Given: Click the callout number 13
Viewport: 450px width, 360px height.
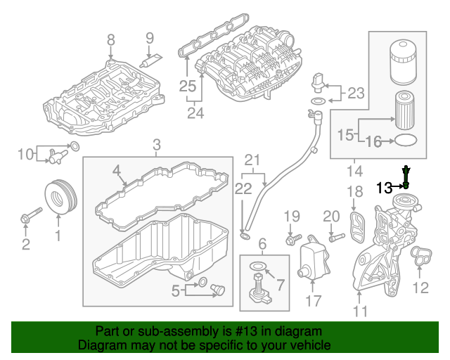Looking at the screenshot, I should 385,187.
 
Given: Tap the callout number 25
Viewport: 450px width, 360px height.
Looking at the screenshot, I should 186,86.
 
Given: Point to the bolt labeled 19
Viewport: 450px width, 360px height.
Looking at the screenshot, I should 292,238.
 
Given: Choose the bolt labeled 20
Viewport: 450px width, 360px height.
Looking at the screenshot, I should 332,238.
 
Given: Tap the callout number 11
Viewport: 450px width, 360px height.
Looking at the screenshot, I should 360,310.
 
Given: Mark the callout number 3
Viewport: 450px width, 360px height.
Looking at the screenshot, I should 157,146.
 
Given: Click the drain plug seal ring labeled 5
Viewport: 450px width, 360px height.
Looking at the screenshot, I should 202,283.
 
